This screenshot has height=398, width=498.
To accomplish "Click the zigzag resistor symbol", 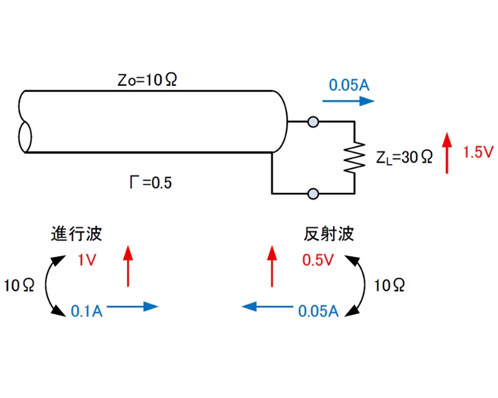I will point(354,157).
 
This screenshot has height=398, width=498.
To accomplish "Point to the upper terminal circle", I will point(314,123).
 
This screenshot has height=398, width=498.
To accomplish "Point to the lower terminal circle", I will point(314,193).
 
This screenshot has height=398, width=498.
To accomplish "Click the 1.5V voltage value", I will point(478,152).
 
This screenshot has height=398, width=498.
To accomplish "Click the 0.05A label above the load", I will point(349,85).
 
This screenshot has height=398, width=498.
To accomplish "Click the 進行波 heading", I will point(77,234).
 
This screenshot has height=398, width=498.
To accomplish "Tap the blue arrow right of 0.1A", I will point(134,306).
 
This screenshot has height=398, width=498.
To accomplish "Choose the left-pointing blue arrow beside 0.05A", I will point(268,306).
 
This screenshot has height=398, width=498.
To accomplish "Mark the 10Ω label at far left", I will point(19,285).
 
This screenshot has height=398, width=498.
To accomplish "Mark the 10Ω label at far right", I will point(390,285).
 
